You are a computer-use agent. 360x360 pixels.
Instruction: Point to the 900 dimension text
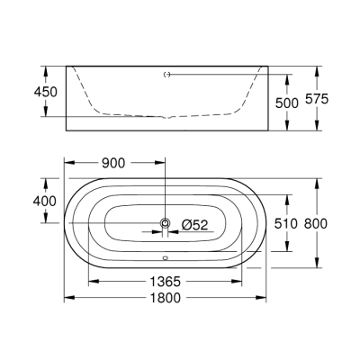112,163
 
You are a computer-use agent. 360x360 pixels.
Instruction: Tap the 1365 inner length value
165,281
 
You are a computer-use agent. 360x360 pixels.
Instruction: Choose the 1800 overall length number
165,298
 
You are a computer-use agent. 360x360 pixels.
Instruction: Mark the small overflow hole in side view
165,76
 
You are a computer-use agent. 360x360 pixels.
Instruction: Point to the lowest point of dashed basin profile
165,117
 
